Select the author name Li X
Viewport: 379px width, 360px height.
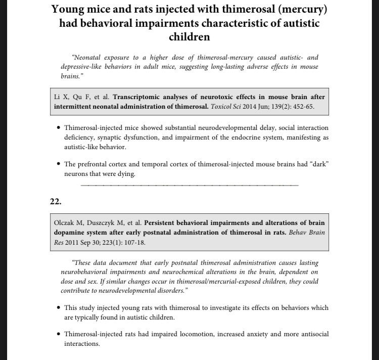point(62,97)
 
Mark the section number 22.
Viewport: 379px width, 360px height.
point(56,201)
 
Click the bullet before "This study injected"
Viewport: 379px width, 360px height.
point(59,307)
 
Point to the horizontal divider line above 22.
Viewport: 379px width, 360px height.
point(189,185)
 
